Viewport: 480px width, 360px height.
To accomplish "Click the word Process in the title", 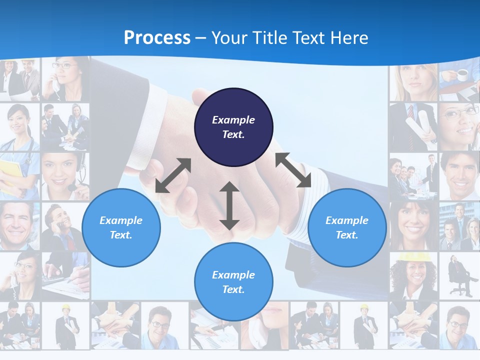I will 157,38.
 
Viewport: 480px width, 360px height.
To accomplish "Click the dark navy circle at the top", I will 233,127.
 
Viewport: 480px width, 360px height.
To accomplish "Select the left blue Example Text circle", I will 121,228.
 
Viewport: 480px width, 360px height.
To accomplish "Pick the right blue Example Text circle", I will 347,228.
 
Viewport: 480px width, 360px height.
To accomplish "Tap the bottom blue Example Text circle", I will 233,282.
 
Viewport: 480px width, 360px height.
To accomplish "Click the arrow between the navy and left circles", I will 173,175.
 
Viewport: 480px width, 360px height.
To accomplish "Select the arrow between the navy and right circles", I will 293,170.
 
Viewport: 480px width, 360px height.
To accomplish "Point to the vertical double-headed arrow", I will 229,205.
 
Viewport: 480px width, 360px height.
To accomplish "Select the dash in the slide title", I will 200,38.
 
